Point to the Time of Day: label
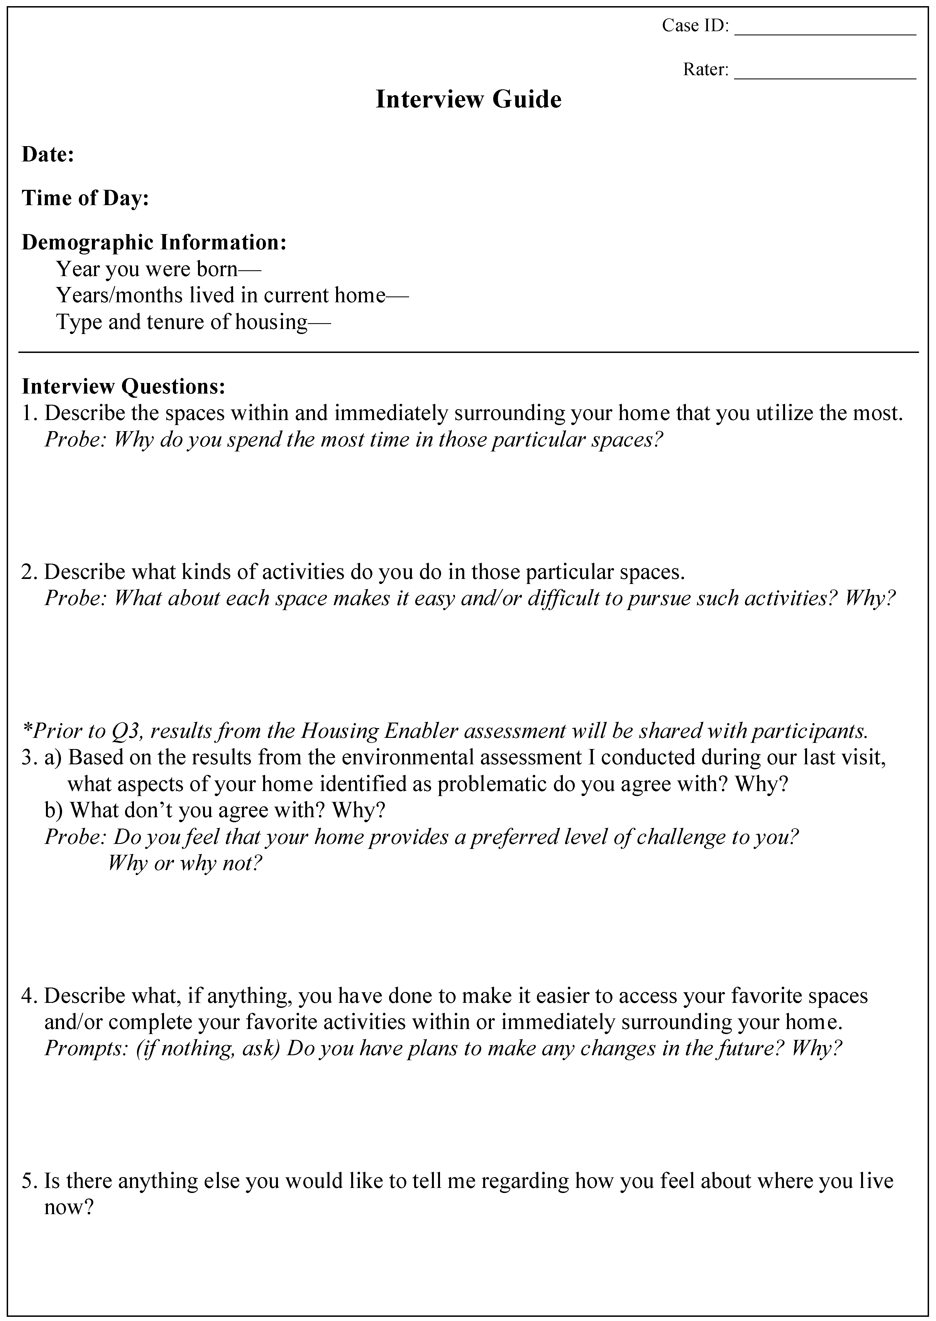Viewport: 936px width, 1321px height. click(x=85, y=198)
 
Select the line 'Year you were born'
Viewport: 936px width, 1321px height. click(x=158, y=269)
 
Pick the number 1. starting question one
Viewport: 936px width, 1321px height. click(x=30, y=413)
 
